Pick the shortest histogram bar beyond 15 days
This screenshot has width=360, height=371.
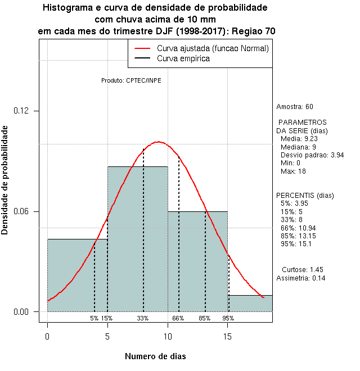tap(250, 303)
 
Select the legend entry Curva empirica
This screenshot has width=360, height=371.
tap(183, 58)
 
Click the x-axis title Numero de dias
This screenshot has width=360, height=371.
tap(155, 356)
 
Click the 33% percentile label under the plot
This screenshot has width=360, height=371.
tap(143, 318)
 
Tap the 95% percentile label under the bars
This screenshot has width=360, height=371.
tap(228, 318)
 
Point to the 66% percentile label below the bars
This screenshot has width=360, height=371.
tap(178, 318)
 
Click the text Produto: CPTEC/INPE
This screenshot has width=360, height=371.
tap(131, 80)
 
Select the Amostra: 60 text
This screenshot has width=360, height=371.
tap(295, 107)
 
